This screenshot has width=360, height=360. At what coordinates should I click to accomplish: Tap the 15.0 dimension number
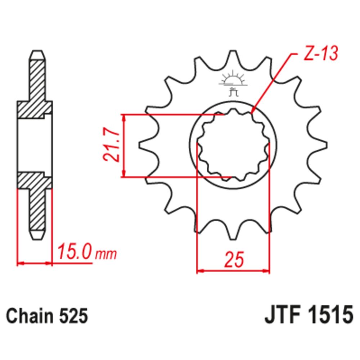click(74, 253)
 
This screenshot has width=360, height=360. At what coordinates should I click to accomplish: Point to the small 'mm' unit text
click(106, 255)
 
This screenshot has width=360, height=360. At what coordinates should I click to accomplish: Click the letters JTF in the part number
click(279, 316)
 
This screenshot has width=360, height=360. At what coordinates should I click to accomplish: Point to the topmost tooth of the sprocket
click(233, 58)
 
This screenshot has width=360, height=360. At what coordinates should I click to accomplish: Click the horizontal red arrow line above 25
click(233, 270)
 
